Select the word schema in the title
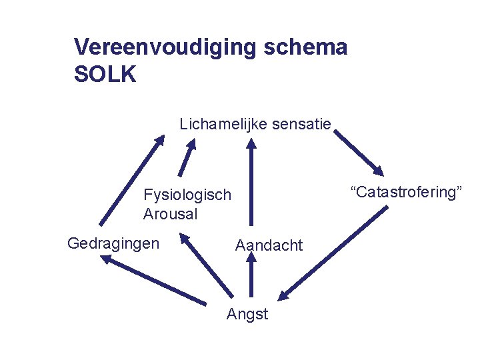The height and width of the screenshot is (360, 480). [312, 47]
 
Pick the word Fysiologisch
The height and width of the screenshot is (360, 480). [187, 195]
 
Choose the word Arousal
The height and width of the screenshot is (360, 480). [170, 215]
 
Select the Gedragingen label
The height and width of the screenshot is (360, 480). [113, 243]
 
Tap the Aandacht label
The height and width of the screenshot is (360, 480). [269, 245]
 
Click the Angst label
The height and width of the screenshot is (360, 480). [247, 314]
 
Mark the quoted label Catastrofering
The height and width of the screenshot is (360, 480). [406, 193]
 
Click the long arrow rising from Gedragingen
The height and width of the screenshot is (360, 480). [132, 180]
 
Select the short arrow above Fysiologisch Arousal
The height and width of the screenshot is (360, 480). [187, 157]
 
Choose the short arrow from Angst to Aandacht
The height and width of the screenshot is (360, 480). [251, 277]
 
